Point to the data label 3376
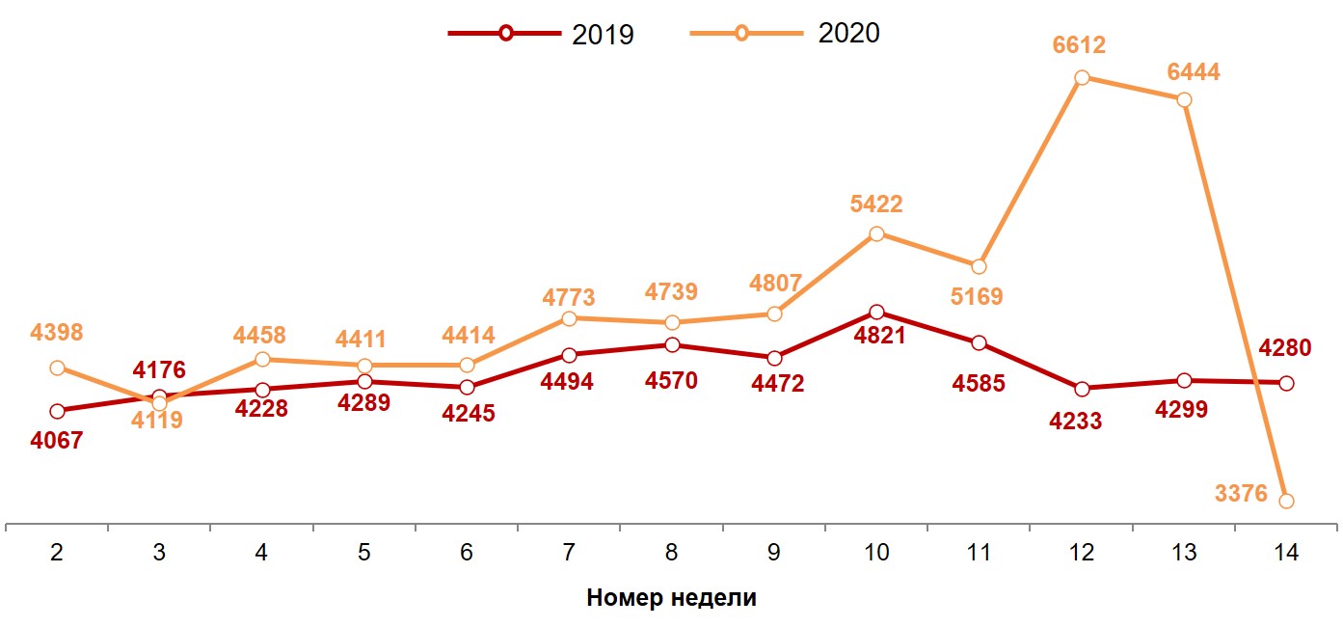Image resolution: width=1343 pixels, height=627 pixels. click(1242, 494)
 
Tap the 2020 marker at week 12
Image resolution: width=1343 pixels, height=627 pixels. click(1082, 77)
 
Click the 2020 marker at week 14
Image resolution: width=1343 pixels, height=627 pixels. click(1285, 501)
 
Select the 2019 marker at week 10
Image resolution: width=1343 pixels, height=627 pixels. click(876, 313)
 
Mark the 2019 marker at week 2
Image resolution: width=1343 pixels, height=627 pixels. click(58, 411)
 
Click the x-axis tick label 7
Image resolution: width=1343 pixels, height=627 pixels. click(569, 553)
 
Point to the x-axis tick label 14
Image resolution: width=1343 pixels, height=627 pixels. click(1285, 553)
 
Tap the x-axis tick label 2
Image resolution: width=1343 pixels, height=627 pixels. click(58, 553)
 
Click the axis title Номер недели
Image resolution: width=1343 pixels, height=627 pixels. click(671, 598)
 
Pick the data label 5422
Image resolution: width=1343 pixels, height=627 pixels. click(876, 204)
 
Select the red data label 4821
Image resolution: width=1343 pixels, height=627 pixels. click(876, 337)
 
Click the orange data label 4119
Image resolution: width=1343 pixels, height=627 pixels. click(157, 421)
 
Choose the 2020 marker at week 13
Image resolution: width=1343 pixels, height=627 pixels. click(1184, 99)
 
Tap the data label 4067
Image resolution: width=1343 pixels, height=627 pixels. click(57, 441)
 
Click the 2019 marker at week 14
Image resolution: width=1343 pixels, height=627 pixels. click(1285, 383)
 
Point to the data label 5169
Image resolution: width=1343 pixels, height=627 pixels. click(977, 295)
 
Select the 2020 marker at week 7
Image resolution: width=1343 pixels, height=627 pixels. click(569, 318)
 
